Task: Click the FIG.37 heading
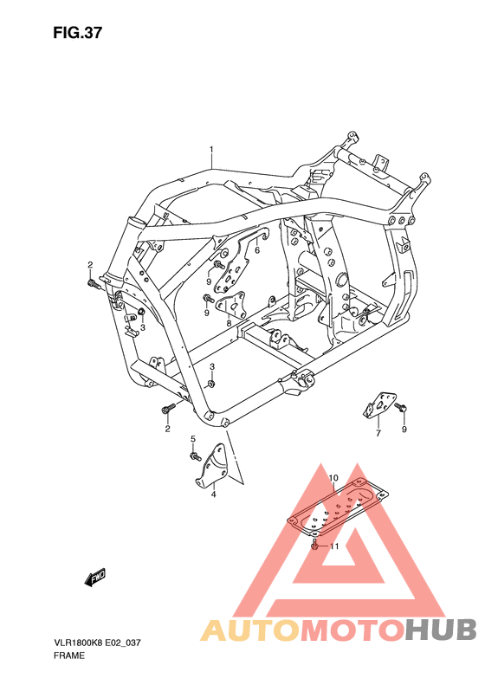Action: point(77,34)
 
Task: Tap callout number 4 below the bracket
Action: point(212,496)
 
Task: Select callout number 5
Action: point(193,439)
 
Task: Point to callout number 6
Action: point(257,250)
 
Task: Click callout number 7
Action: point(378,433)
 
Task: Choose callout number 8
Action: point(229,324)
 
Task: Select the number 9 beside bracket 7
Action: point(404,429)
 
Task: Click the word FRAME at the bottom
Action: point(68,656)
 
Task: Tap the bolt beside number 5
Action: point(195,455)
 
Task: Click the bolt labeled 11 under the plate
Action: point(314,546)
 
